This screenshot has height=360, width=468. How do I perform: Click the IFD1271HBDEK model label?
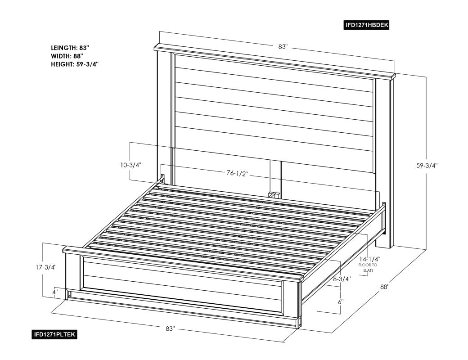click(367, 25)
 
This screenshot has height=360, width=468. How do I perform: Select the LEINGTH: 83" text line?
click(70, 48)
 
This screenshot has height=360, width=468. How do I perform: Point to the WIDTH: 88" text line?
click(67, 56)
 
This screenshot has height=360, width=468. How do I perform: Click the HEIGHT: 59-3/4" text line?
click(75, 64)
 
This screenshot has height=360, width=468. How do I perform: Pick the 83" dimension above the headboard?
click(283, 46)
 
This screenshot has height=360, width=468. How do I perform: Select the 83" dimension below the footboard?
click(170, 328)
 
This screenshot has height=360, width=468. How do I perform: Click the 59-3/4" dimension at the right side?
click(427, 165)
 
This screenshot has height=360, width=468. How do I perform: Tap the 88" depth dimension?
click(385, 287)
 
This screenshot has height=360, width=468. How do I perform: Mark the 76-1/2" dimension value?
click(237, 173)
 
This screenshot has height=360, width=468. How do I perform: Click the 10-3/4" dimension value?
click(131, 165)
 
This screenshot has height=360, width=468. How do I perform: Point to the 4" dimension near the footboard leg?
click(55, 292)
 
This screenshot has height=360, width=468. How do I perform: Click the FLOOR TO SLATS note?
click(368, 267)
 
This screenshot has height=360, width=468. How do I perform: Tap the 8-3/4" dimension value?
click(342, 279)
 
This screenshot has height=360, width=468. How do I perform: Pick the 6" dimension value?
click(341, 302)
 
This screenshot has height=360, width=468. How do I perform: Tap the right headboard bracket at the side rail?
click(384, 217)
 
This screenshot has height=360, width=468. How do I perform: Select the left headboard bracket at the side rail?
click(162, 179)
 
